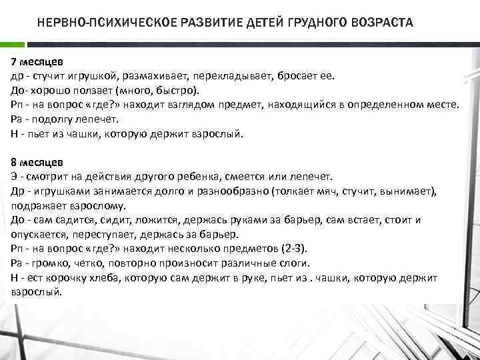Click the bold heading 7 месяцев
37,62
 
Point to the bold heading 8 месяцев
37,162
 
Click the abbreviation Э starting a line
15,177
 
